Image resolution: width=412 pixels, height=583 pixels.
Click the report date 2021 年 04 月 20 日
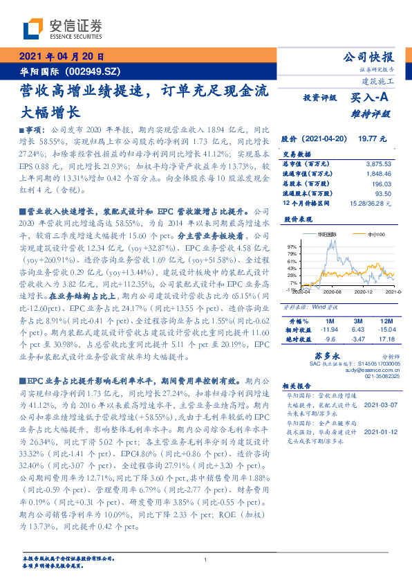[61, 57]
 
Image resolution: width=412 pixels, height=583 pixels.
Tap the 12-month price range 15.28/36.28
[372, 204]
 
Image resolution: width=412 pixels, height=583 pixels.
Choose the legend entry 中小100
[375, 235]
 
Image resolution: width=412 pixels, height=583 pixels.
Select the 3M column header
[357, 323]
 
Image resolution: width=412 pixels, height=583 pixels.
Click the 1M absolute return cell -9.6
[328, 339]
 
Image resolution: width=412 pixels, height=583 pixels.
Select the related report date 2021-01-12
[380, 431]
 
